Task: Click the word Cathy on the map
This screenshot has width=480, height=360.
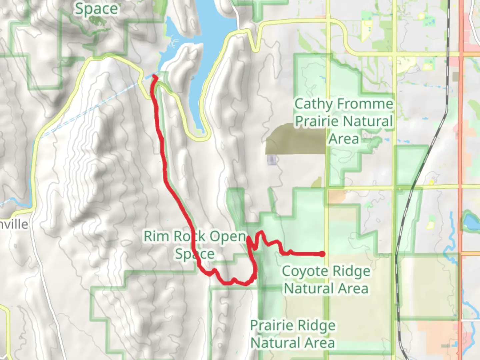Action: (313, 104)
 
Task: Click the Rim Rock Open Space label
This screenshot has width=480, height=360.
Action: (195, 245)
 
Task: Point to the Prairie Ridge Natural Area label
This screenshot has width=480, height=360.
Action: (293, 334)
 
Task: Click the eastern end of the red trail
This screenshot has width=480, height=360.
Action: (322, 254)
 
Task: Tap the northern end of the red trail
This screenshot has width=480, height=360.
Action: (155, 77)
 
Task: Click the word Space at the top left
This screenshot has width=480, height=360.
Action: (96, 9)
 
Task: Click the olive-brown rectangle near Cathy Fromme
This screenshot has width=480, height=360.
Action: (295, 139)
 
